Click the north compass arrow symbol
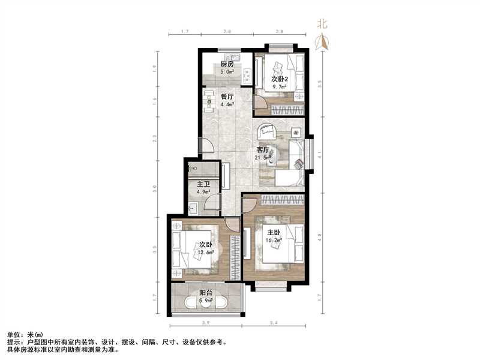pos(323,40)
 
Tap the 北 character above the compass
pos(323,25)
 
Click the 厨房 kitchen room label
pos(227,64)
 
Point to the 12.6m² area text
pos(206,252)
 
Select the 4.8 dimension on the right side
pos(320,236)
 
